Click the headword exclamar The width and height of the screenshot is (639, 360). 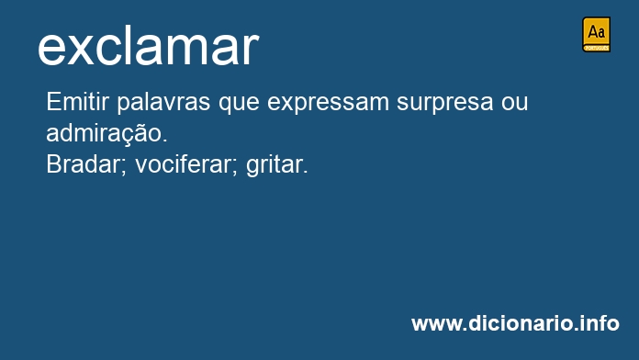click(x=148, y=47)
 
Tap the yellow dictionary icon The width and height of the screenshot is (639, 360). click(x=596, y=34)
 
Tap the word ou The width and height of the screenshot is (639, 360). click(x=514, y=102)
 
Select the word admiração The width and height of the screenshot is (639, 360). click(x=104, y=133)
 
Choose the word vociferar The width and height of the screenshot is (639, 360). click(x=184, y=165)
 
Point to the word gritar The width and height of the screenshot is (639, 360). click(x=274, y=166)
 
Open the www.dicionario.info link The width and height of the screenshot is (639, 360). click(x=515, y=323)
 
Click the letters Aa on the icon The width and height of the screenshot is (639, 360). click(x=596, y=32)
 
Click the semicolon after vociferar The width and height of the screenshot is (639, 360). click(x=237, y=167)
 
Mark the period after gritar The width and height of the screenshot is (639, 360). click(x=306, y=173)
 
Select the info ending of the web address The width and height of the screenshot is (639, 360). click(x=600, y=323)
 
